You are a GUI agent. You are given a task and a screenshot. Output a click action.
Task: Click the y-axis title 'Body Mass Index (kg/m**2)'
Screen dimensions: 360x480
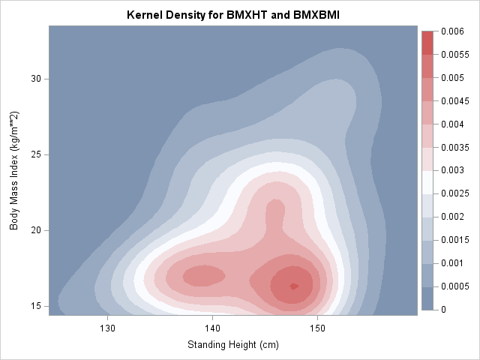point(14,171)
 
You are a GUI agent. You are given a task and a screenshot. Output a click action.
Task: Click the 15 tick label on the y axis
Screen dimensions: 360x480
point(35,306)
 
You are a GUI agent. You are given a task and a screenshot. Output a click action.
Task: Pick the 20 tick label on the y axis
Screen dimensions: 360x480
point(35,230)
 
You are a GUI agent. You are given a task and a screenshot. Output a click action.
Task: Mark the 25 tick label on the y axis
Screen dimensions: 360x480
point(35,154)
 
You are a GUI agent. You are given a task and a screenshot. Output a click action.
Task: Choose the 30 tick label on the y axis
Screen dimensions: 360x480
point(35,79)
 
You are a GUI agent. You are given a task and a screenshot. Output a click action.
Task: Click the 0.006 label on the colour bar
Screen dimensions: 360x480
point(452,31)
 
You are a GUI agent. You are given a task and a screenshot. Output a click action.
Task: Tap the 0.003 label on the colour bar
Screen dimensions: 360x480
point(452,170)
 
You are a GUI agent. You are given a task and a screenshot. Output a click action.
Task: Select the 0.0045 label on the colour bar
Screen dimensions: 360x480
point(454,100)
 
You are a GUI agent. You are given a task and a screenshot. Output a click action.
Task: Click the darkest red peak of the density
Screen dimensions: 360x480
point(294,286)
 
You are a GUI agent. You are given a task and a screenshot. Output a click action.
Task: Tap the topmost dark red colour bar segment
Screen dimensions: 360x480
point(428,42)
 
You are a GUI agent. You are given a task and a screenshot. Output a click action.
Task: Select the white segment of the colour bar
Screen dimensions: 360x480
point(428,181)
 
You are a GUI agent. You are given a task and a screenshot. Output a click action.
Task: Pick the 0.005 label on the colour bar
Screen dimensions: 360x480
point(452,78)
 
